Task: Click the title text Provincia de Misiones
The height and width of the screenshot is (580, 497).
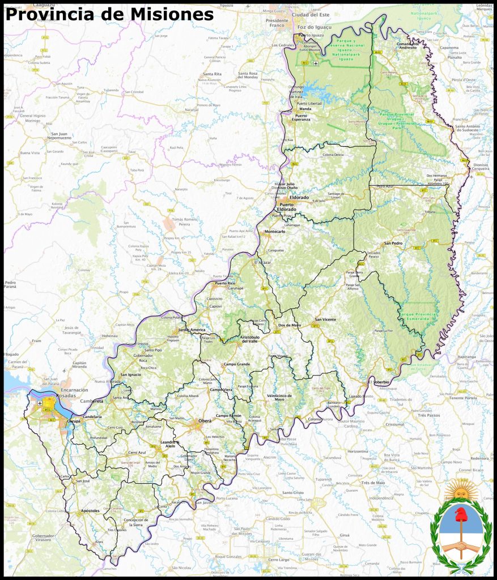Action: (109, 15)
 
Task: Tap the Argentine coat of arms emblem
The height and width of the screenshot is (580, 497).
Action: (460, 527)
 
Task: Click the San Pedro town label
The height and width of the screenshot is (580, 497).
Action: (393, 243)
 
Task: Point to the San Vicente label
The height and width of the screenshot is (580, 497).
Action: (325, 319)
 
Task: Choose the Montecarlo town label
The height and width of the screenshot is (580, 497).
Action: (275, 232)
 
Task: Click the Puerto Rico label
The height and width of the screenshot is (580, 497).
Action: (224, 283)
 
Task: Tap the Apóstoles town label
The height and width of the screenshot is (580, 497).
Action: (90, 510)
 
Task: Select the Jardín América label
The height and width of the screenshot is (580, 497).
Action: (190, 330)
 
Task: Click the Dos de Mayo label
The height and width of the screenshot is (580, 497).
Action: (290, 325)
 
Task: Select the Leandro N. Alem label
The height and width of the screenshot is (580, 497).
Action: (170, 444)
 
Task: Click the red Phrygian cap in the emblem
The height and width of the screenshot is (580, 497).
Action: (460, 515)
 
